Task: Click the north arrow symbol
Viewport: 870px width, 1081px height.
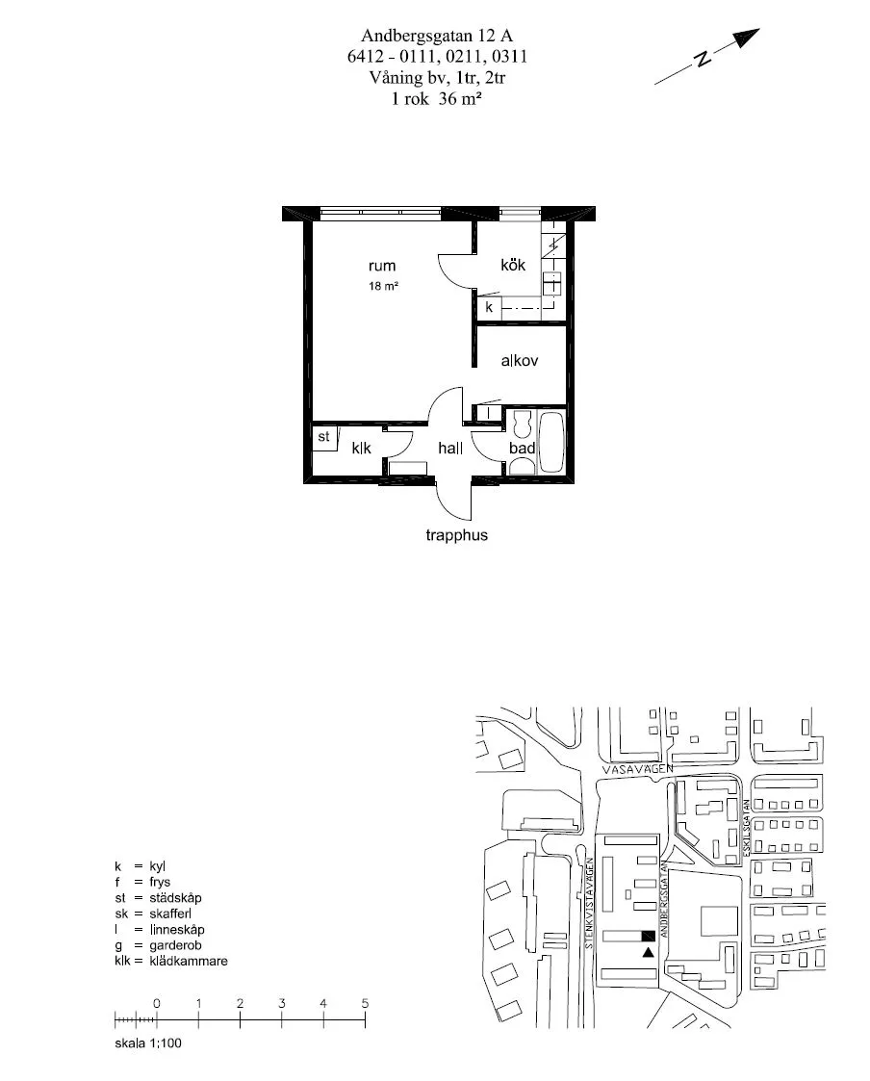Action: (x=707, y=57)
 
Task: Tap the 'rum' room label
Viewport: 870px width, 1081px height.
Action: (x=381, y=266)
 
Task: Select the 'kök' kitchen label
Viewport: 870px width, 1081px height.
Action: (x=512, y=265)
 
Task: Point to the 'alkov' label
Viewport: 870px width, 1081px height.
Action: (x=519, y=361)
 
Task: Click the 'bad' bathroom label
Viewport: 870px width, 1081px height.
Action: (x=522, y=448)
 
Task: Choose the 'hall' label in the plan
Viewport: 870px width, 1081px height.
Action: (x=450, y=448)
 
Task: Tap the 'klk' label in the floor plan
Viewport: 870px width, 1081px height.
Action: (x=361, y=448)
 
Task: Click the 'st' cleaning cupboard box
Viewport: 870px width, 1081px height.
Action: (x=324, y=437)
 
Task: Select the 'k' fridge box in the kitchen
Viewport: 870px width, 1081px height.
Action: (x=490, y=308)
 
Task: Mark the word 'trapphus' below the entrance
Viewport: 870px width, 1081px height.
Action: (x=456, y=535)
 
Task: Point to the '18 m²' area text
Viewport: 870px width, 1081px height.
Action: (x=383, y=287)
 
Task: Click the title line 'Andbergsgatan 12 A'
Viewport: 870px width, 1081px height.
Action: (x=437, y=38)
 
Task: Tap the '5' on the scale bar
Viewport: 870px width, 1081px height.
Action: (x=365, y=1003)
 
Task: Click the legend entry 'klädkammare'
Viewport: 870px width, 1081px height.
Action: (x=189, y=961)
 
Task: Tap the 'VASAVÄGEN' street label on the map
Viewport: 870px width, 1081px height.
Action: (x=630, y=771)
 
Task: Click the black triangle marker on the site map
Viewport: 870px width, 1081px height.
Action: (x=648, y=952)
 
